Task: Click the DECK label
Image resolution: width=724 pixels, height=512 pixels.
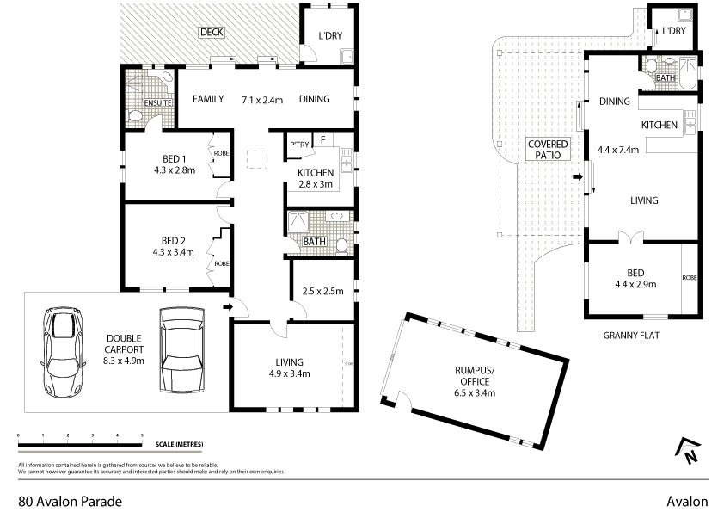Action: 211,33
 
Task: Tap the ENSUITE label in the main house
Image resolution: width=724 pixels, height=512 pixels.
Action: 157,103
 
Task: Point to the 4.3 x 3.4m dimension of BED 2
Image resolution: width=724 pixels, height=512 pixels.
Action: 175,252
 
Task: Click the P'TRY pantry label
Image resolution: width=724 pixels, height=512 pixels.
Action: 299,145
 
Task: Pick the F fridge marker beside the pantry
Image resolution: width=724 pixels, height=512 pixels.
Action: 322,138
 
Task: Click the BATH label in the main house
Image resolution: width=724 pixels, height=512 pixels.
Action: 314,242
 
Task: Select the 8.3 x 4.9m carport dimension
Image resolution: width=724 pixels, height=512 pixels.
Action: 124,361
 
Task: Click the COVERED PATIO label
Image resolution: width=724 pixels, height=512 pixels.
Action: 544,151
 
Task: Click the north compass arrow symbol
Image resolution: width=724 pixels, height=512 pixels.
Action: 688,451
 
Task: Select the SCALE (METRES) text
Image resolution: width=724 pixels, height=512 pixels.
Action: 180,444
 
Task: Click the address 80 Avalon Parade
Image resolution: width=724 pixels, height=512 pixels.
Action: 70,501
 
